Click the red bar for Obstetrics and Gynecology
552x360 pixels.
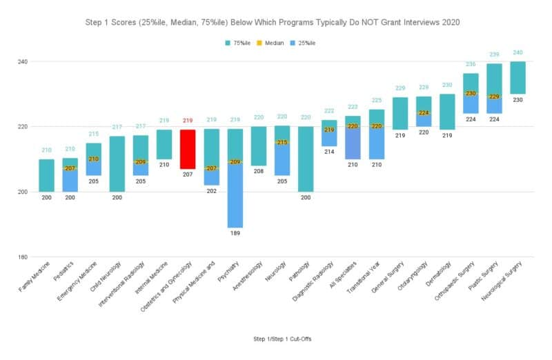point(188,149)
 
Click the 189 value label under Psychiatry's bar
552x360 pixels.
point(235,234)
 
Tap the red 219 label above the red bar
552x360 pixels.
point(188,121)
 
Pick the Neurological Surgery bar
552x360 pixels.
point(517,77)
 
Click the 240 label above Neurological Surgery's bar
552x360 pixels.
point(517,53)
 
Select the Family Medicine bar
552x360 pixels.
point(46,175)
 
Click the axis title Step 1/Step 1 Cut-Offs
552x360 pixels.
point(276,339)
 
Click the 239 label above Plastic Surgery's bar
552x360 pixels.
point(494,54)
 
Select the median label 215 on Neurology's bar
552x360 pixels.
point(282,142)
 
